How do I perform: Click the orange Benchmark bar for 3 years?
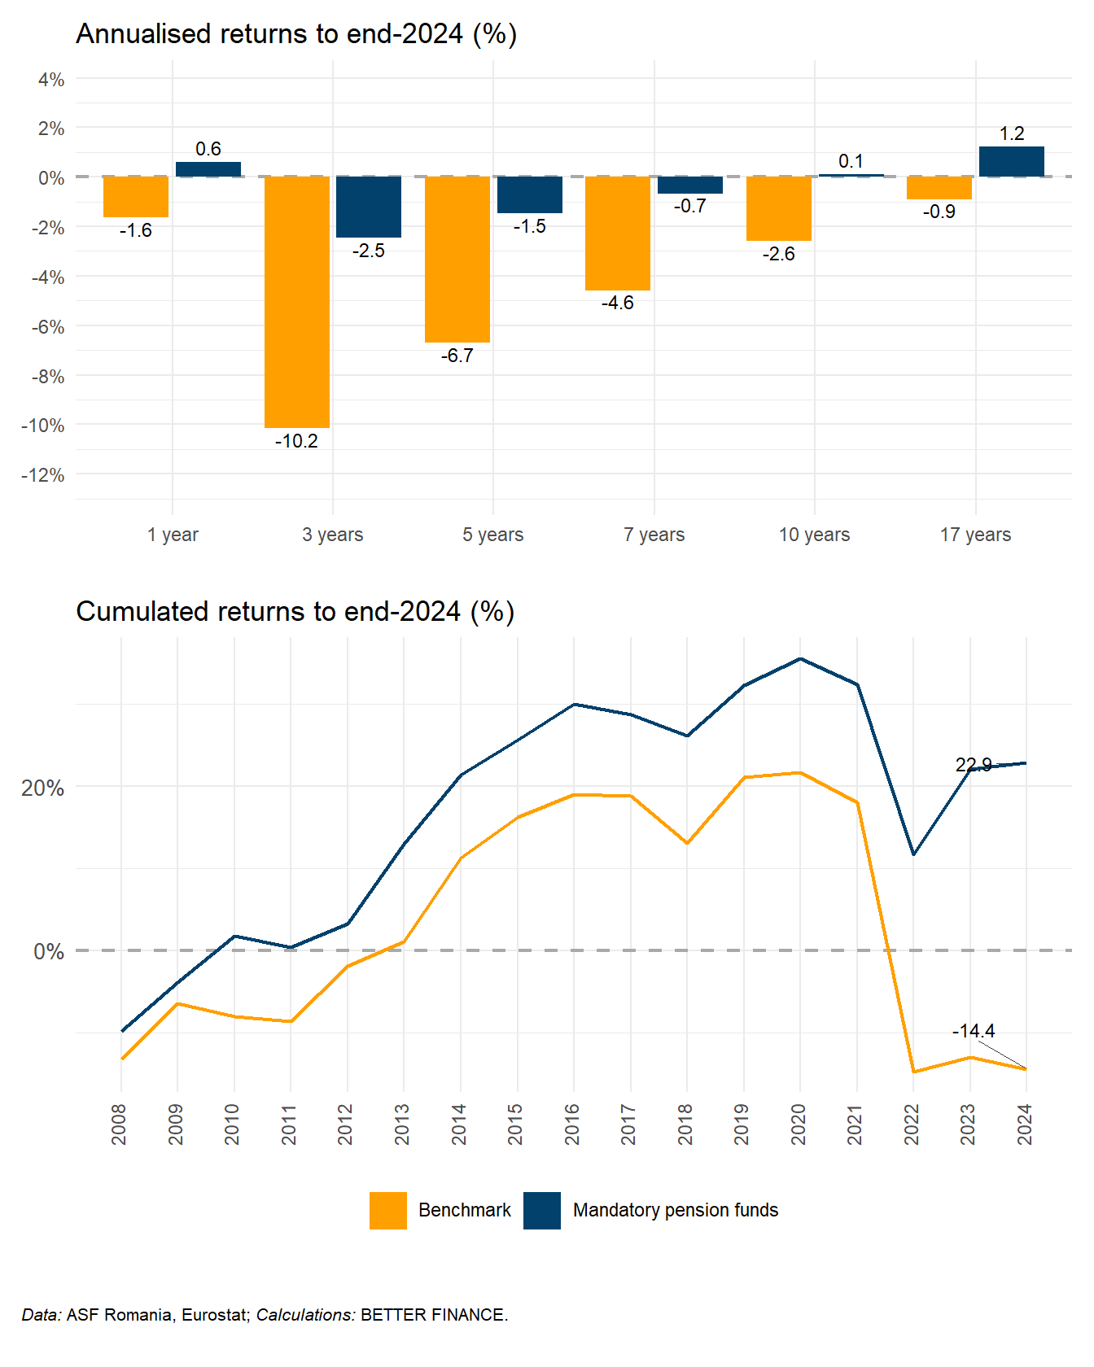[x=296, y=301]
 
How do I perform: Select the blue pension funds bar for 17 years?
[x=1011, y=162]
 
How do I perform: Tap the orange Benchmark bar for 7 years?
[x=618, y=234]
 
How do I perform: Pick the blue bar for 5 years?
[x=529, y=195]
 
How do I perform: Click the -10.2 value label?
[x=296, y=441]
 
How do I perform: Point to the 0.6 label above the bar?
[x=208, y=149]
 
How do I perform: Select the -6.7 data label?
[x=457, y=356]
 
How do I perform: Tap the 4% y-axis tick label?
[x=51, y=80]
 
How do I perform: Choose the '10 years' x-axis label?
[x=814, y=535]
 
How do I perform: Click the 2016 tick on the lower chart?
[x=573, y=1124]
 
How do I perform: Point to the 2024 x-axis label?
[x=1025, y=1124]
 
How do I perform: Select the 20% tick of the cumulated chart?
[x=43, y=788]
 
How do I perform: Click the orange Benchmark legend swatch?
[x=388, y=1210]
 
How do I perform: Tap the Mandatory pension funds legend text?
[x=676, y=1210]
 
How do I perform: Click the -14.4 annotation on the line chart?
[x=974, y=1032]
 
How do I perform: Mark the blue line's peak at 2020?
[x=800, y=659]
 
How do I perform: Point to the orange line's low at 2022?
[x=913, y=1072]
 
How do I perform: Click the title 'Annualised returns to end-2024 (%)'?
[x=296, y=34]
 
